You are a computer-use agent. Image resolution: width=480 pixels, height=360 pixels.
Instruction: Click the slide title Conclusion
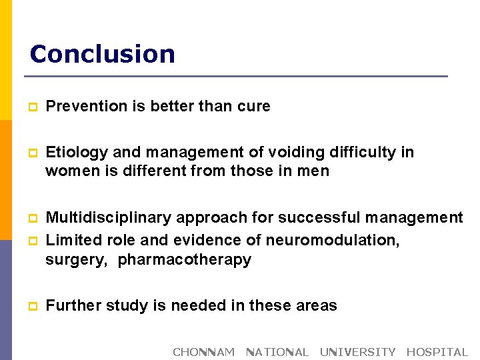(x=102, y=54)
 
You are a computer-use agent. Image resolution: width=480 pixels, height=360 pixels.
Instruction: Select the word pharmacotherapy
(x=185, y=259)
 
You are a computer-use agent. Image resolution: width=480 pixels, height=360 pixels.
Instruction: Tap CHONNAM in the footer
(x=203, y=352)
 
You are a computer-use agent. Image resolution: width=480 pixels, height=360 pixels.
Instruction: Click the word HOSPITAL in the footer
(x=437, y=352)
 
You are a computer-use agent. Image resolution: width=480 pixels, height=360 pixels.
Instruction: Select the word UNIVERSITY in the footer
(x=357, y=352)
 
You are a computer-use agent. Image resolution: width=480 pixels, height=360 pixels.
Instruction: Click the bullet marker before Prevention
(x=31, y=107)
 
